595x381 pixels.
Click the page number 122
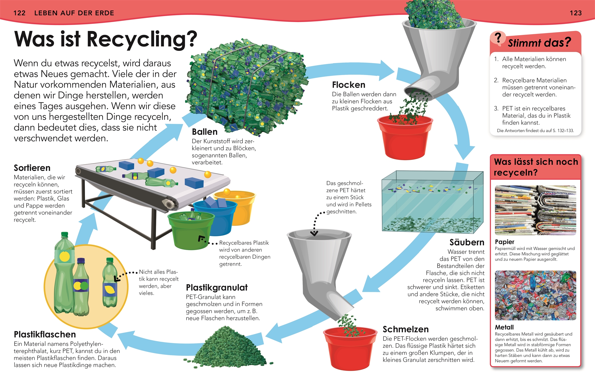tap(20, 13)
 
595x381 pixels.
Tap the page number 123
tap(576, 13)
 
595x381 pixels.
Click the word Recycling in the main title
tap(142, 40)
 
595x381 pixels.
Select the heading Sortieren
tap(32, 168)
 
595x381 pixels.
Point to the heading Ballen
tap(205, 132)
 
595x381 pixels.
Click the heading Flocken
tap(349, 85)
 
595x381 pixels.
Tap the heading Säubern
tap(467, 242)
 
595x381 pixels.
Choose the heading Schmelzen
tap(406, 329)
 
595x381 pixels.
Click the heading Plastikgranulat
tap(217, 288)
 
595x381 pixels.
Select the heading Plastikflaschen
tap(45, 334)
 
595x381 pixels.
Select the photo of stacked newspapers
tap(536, 210)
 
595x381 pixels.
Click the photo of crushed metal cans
tap(536, 295)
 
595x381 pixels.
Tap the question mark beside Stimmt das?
tap(498, 38)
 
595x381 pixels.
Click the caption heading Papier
tap(504, 242)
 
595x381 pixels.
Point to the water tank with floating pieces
tap(433, 201)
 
